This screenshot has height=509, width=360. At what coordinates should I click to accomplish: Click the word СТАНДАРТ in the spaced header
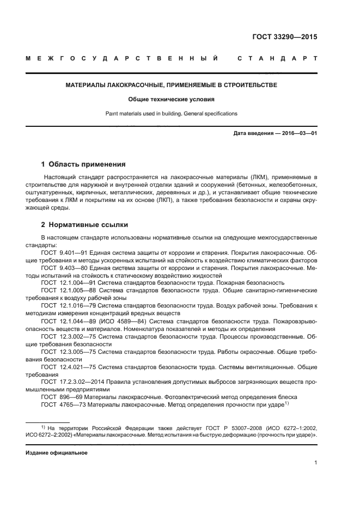[277, 58]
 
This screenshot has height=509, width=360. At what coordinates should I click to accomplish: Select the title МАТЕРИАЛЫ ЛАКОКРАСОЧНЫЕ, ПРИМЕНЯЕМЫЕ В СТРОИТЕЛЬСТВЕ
[172, 85]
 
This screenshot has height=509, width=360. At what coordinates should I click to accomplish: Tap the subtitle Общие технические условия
[172, 100]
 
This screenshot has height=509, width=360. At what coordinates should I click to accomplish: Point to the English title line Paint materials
[172, 114]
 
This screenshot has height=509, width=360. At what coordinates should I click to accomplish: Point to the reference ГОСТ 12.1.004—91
[66, 283]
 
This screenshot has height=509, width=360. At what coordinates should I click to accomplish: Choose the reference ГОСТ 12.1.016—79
[66, 306]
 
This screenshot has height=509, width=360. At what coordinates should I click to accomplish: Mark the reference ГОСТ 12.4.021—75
[66, 367]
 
